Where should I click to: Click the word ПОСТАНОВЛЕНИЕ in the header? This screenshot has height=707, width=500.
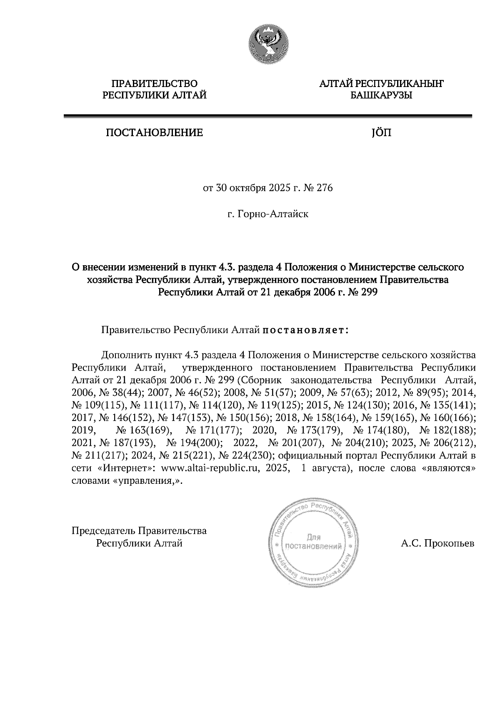[x=154, y=133]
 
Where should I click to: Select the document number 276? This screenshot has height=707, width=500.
[x=325, y=188]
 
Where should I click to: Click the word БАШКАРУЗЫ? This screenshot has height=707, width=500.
[x=381, y=96]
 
